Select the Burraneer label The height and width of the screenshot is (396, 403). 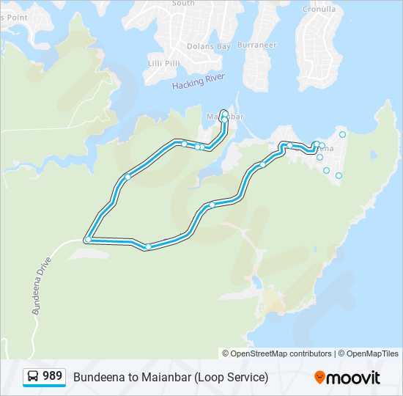tap(256, 45)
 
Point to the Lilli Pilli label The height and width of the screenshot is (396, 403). tap(163, 65)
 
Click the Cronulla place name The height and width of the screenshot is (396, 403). tap(319, 10)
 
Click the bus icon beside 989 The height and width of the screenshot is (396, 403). tap(33, 377)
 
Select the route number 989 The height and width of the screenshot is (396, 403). tap(52, 376)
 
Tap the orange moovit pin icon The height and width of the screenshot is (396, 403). tap(320, 377)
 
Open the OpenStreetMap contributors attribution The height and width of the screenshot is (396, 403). tap(281, 353)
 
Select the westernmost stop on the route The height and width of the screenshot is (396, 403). tap(88, 240)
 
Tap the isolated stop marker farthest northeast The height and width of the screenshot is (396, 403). tap(342, 134)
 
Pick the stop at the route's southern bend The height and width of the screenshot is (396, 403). tap(148, 247)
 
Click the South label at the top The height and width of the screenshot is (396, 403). tap(183, 3)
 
